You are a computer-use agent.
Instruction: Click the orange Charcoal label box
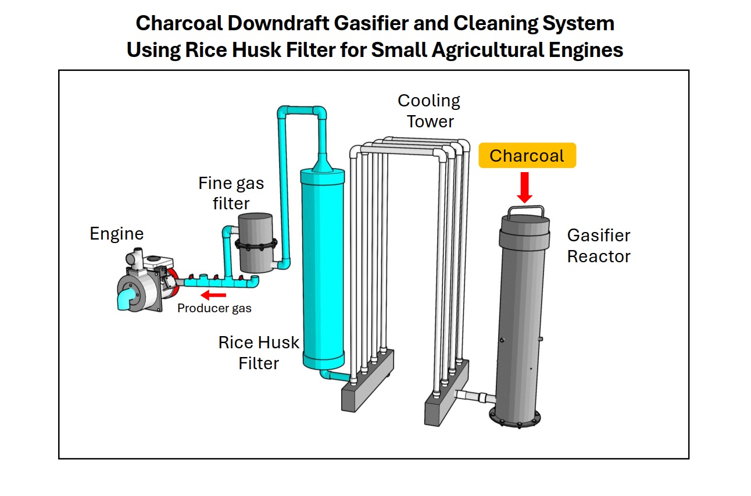point(527,156)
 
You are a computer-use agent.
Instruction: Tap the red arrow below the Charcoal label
point(525,186)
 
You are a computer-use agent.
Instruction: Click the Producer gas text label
point(214,308)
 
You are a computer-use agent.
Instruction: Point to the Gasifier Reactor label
point(598,245)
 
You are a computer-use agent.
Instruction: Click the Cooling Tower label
point(429,110)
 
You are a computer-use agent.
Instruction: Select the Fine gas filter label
point(231,193)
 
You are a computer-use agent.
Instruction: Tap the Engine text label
point(116,234)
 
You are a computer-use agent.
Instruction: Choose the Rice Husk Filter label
point(259,352)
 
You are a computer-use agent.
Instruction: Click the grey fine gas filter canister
point(255,241)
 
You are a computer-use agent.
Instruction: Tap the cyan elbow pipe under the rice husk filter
point(332,376)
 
